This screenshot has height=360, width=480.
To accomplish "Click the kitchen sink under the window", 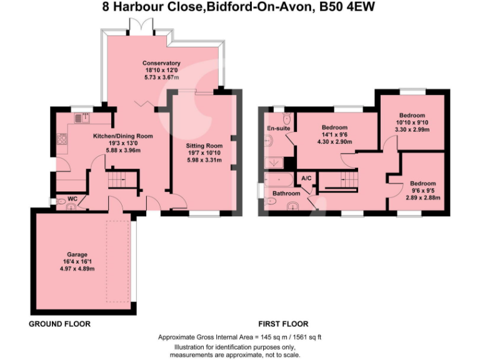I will [x=81, y=117].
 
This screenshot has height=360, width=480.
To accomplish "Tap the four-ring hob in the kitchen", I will [x=62, y=139].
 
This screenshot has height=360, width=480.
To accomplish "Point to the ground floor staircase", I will [x=117, y=182].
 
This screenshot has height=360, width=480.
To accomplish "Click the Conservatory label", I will [x=161, y=63].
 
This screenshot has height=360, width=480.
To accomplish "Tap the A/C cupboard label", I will [x=306, y=179].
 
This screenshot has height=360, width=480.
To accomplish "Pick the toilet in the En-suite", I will [x=286, y=119].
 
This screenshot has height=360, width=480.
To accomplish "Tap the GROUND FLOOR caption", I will [x=60, y=324].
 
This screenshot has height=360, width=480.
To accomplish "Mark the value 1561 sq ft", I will [x=306, y=336].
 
